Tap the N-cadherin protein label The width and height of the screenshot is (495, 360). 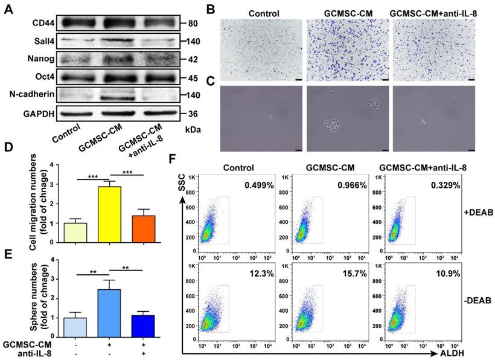24,95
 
